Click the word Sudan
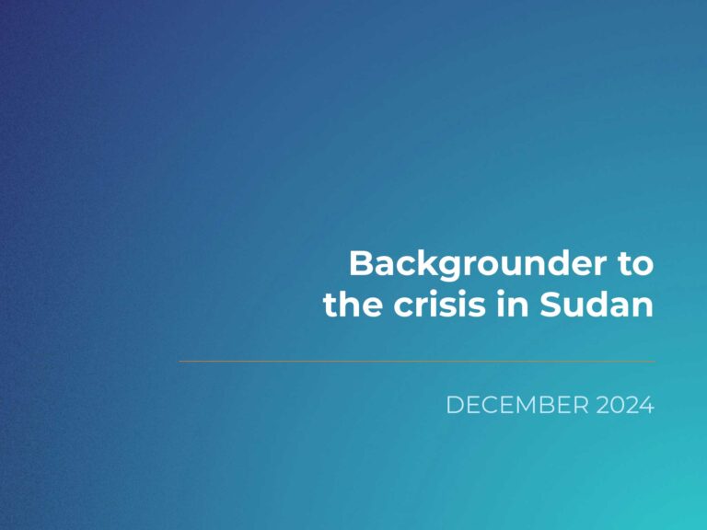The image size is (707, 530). coord(597,305)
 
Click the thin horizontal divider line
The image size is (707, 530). coord(417,361)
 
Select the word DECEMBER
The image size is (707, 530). coord(517,405)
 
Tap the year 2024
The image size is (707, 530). coord(625,405)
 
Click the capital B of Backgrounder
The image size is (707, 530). coord(361,264)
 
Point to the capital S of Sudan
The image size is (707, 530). coord(551,305)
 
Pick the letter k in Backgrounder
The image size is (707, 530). coord(430,263)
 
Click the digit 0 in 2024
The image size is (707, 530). coord(618,405)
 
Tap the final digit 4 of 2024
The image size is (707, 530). coord(647,405)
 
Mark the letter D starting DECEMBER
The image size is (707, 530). coord(455,405)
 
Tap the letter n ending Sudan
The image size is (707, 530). coord(643,307)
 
